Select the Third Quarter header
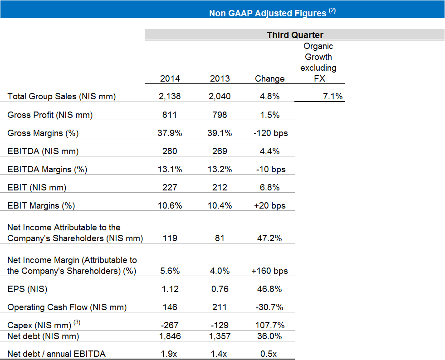(x=295, y=35)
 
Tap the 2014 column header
(x=170, y=78)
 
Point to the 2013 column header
(x=220, y=78)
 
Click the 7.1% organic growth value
(x=333, y=97)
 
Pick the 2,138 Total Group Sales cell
(x=170, y=97)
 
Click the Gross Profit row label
(x=50, y=115)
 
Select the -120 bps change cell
(x=270, y=133)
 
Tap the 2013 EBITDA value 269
(x=220, y=151)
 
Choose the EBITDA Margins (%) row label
(x=47, y=170)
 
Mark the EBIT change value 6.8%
(x=269, y=187)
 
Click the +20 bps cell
(x=269, y=206)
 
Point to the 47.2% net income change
(x=269, y=238)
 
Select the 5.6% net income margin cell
(x=170, y=271)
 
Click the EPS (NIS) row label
(x=27, y=289)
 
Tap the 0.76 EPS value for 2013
(x=220, y=289)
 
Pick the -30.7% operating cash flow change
(x=269, y=307)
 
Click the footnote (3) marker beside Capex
(x=77, y=322)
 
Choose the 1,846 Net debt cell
(x=170, y=336)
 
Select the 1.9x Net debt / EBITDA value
(x=169, y=354)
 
